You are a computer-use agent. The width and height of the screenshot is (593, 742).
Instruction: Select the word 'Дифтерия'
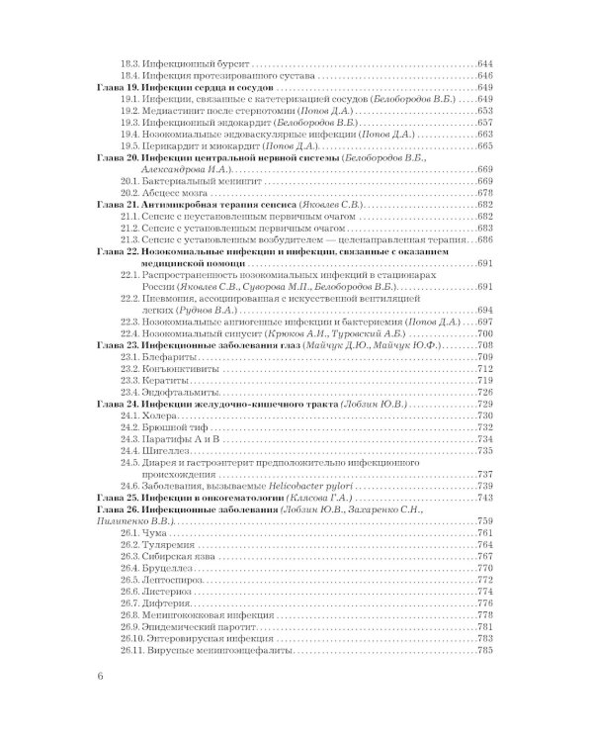point(167,601)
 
